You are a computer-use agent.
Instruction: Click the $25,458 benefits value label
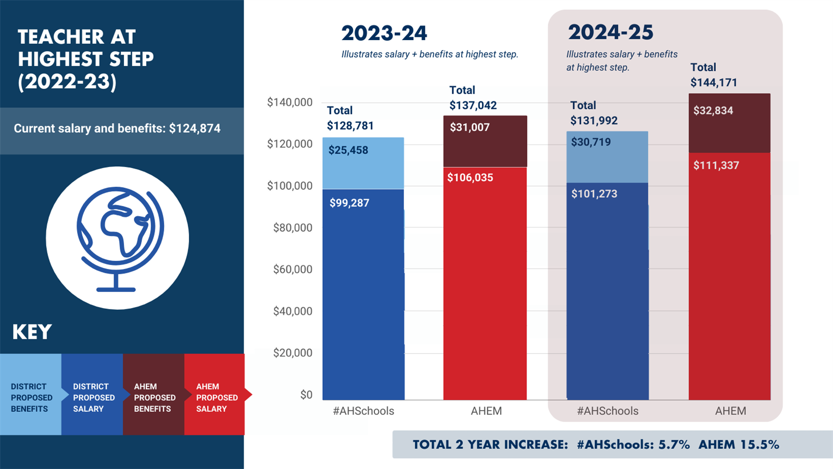348,150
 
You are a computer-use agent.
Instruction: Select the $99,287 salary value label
349,203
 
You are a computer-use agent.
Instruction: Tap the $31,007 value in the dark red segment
470,128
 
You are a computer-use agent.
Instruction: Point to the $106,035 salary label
470,178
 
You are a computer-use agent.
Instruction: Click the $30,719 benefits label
591,142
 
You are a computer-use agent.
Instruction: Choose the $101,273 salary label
594,194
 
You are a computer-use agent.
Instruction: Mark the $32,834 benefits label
713,111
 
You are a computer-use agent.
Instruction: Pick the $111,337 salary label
716,166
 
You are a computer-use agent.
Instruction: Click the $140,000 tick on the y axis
289,102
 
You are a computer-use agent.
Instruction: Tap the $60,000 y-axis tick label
293,269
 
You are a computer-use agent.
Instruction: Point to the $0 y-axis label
307,395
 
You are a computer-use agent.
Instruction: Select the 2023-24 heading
384,33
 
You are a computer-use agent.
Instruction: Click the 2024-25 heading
611,32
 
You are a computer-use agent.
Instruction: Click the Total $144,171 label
714,75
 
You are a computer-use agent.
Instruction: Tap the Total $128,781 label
350,118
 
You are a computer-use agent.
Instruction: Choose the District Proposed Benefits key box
31,394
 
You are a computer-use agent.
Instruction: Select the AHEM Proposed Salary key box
215,394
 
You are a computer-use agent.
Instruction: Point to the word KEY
32,332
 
